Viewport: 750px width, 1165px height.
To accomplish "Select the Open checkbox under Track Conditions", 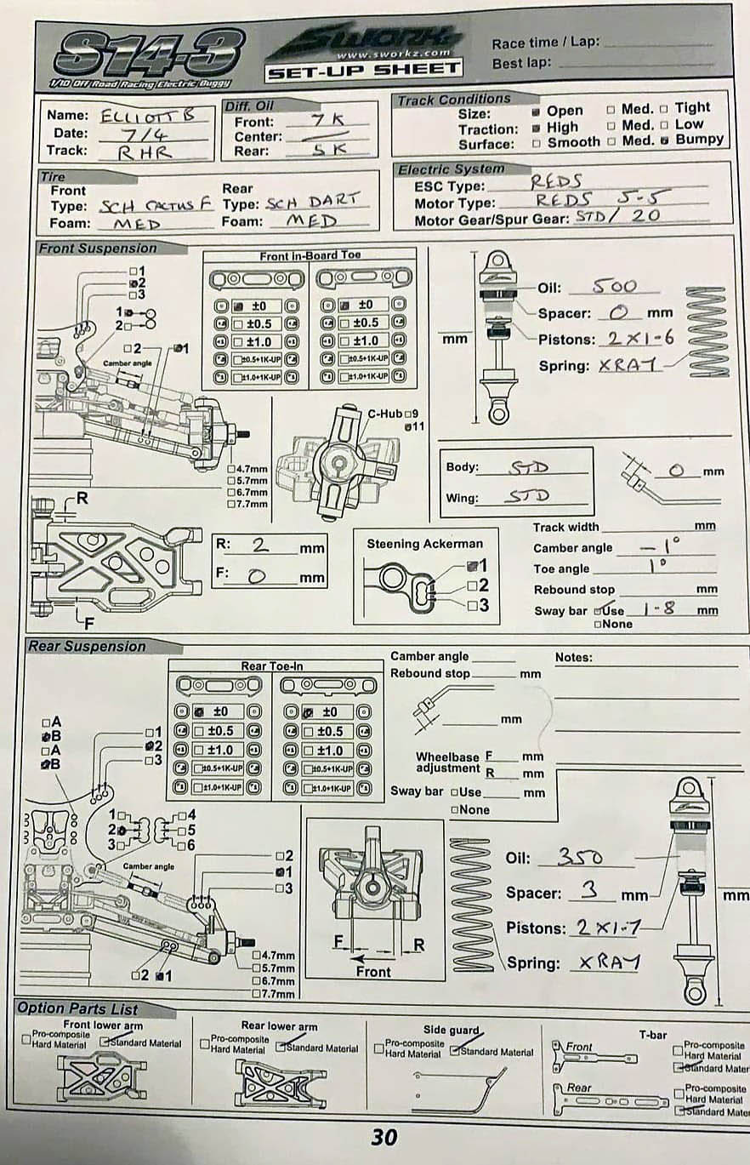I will pyautogui.click(x=537, y=111).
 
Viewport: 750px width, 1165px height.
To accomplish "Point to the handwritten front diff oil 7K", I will pyautogui.click(x=327, y=120).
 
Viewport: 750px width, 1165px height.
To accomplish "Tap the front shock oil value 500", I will pyautogui.click(x=614, y=286).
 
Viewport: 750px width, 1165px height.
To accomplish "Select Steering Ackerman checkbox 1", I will pyautogui.click(x=472, y=565).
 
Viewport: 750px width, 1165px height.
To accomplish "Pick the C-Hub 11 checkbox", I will pyautogui.click(x=408, y=426).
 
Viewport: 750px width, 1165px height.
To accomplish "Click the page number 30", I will pyautogui.click(x=384, y=1137).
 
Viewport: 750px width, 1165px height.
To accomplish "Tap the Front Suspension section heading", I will pyautogui.click(x=98, y=248).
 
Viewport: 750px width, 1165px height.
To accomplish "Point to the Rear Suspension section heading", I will pyautogui.click(x=87, y=646).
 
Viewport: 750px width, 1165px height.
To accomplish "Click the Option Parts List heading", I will pyautogui.click(x=77, y=1008).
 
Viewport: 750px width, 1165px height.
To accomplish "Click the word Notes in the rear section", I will pyautogui.click(x=574, y=657).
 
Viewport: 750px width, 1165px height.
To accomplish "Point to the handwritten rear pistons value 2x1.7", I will pyautogui.click(x=606, y=927).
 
